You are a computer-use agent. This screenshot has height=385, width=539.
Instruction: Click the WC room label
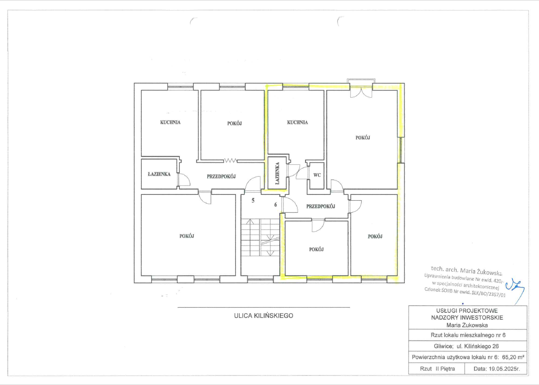click(317, 175)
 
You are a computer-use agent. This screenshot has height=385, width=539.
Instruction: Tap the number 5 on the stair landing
click(253, 200)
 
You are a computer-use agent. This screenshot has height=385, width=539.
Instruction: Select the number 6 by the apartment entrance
click(276, 205)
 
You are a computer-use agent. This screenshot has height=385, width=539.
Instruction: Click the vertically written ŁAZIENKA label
click(277, 173)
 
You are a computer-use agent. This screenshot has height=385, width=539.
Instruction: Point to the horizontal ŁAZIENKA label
click(159, 174)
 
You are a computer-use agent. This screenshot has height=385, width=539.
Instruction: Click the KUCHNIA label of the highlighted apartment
click(298, 123)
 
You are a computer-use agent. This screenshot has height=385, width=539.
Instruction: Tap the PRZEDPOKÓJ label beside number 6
click(321, 206)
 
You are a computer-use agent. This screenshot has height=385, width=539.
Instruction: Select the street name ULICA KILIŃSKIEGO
click(263, 316)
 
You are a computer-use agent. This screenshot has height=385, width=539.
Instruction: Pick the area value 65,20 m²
click(513, 357)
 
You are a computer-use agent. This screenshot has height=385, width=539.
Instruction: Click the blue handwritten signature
click(515, 290)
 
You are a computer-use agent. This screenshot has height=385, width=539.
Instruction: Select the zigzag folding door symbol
click(230, 160)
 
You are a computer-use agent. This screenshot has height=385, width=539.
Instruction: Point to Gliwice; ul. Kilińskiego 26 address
click(466, 346)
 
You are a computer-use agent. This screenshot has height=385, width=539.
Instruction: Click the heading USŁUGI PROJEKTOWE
click(467, 311)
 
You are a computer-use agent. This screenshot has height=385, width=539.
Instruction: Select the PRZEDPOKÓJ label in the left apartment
click(221, 176)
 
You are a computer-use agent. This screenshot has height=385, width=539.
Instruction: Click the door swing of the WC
click(301, 173)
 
